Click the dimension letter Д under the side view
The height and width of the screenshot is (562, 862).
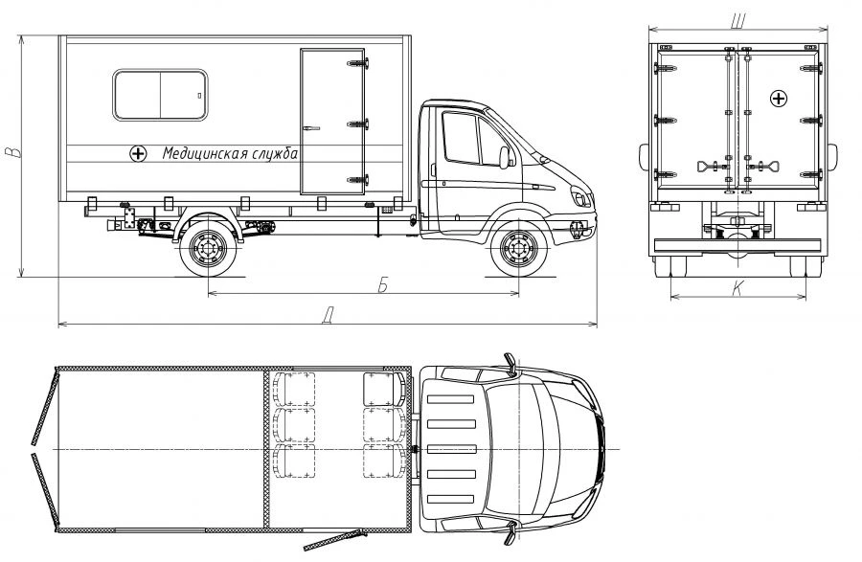click(328, 317)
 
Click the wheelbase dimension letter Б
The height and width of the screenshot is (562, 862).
click(383, 285)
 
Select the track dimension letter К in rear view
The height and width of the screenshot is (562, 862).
click(737, 288)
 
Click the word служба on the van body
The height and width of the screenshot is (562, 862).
click(276, 153)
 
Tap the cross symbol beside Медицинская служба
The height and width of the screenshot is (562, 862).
click(138, 154)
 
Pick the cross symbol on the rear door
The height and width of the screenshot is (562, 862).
click(779, 99)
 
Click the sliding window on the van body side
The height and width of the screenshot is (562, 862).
click(160, 95)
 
